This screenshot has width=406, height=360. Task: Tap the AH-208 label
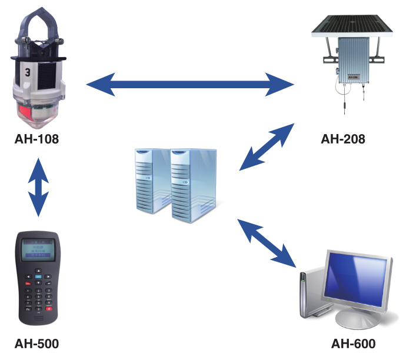pos(343,139)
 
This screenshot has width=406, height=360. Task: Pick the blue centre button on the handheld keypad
pos(38,276)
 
